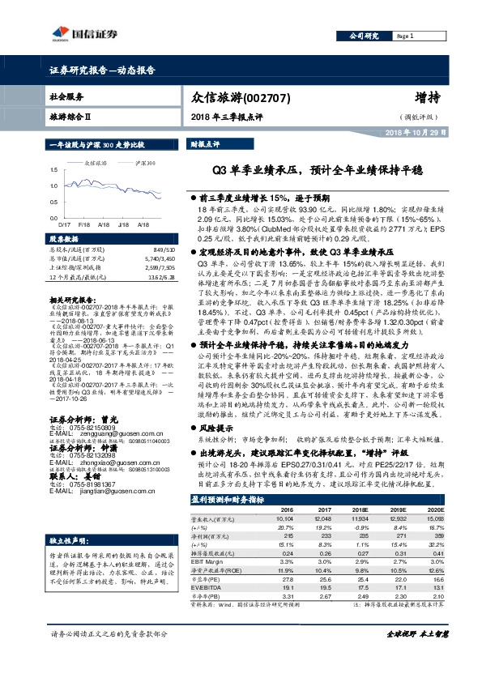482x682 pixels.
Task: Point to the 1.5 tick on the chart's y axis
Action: pos(53,169)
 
